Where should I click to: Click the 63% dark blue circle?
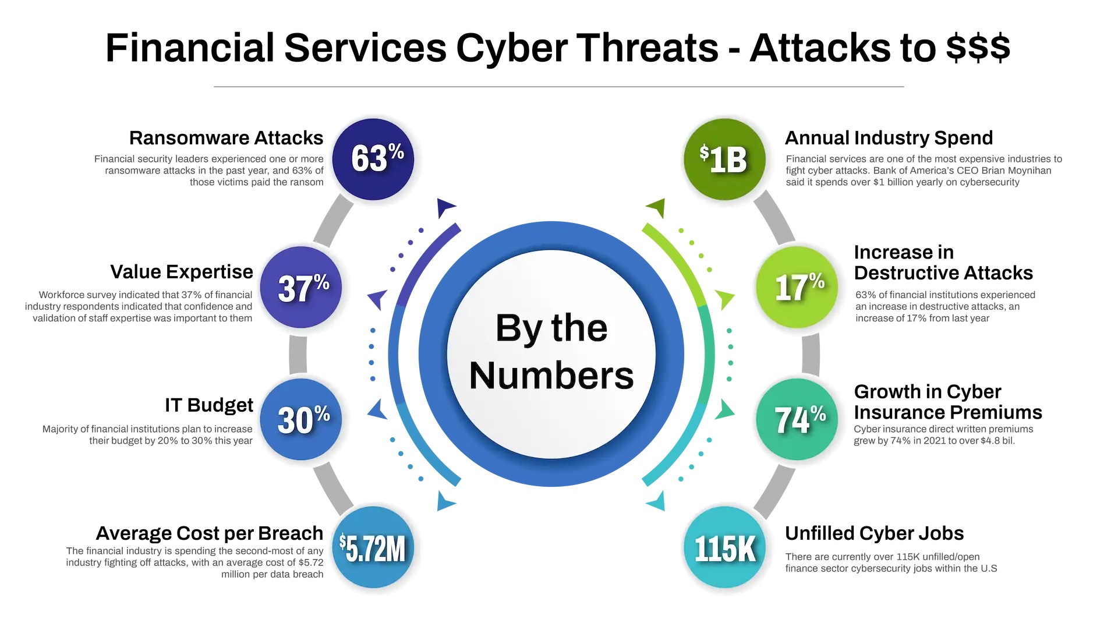coord(373,159)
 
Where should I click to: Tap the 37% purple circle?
coord(301,287)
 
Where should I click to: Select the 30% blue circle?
coord(301,419)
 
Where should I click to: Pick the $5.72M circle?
coord(373,547)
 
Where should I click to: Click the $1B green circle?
coord(725,159)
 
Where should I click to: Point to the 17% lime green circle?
coord(797,287)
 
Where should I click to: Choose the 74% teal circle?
coord(797,419)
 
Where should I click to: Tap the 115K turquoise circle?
coord(725,547)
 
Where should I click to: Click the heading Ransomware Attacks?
coord(226,138)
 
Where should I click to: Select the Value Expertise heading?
coord(182,272)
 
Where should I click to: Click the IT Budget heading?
coord(209,405)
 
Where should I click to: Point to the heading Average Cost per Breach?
coord(210,533)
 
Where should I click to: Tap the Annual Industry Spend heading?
coord(889,138)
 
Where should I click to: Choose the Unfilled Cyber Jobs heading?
coord(874,533)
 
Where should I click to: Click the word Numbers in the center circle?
coord(551,376)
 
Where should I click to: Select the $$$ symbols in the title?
coord(978,47)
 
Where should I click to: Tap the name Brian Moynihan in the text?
coord(1016,171)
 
